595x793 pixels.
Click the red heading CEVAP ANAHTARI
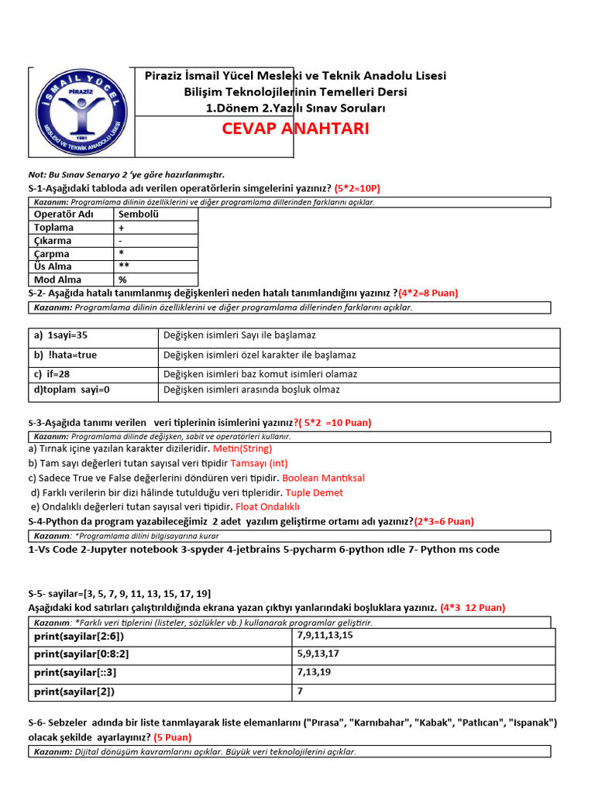pyautogui.click(x=295, y=129)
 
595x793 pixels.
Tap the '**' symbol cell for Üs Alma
pyautogui.click(x=124, y=266)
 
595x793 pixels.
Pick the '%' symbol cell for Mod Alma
pyautogui.click(x=122, y=280)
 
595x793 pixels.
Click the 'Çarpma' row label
pyautogui.click(x=52, y=254)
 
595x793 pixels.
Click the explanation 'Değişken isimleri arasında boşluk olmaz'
pyautogui.click(x=252, y=390)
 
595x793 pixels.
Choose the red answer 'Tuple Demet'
pyautogui.click(x=314, y=493)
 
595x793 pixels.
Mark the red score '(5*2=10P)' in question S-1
pyautogui.click(x=357, y=188)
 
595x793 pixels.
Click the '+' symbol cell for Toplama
pyautogui.click(x=122, y=228)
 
